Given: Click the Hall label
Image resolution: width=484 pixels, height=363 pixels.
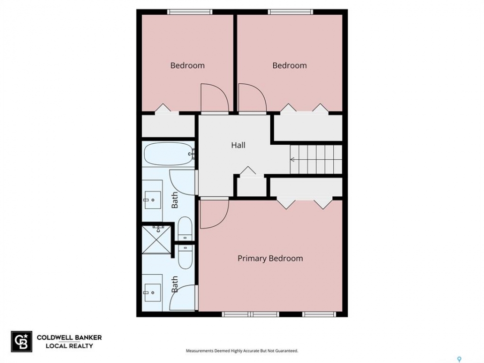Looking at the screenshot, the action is (238, 145).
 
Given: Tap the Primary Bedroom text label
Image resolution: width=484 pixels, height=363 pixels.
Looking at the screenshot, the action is (270, 258).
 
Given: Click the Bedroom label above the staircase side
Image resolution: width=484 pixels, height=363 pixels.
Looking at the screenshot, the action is (289, 66).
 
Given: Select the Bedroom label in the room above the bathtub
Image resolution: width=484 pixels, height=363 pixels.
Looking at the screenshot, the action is (188, 66).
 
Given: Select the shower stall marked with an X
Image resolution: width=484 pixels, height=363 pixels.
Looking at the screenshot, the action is (156, 240).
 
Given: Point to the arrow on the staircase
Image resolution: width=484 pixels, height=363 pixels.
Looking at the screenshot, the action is (292, 160).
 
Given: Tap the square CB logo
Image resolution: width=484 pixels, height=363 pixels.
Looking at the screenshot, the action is (22, 341).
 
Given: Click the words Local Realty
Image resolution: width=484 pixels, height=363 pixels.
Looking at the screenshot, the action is (69, 346).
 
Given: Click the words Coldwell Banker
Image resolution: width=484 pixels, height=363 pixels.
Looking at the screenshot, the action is (69, 337).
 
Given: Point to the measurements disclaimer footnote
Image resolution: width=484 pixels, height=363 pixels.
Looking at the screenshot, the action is (242, 351).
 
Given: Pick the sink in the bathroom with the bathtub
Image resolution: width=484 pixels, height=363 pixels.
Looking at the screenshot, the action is (152, 200).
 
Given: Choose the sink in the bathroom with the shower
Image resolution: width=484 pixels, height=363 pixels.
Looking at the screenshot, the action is (152, 292).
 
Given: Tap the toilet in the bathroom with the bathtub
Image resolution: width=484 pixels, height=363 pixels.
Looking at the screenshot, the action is (185, 229).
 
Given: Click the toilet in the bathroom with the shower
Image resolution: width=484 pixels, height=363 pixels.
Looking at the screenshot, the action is (185, 257).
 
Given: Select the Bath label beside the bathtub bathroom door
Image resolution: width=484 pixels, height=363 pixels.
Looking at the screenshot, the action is (175, 200).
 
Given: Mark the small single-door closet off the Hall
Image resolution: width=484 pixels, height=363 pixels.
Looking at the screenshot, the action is (252, 187).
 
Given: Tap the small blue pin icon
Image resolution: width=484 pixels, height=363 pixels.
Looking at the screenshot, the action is (459, 359).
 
